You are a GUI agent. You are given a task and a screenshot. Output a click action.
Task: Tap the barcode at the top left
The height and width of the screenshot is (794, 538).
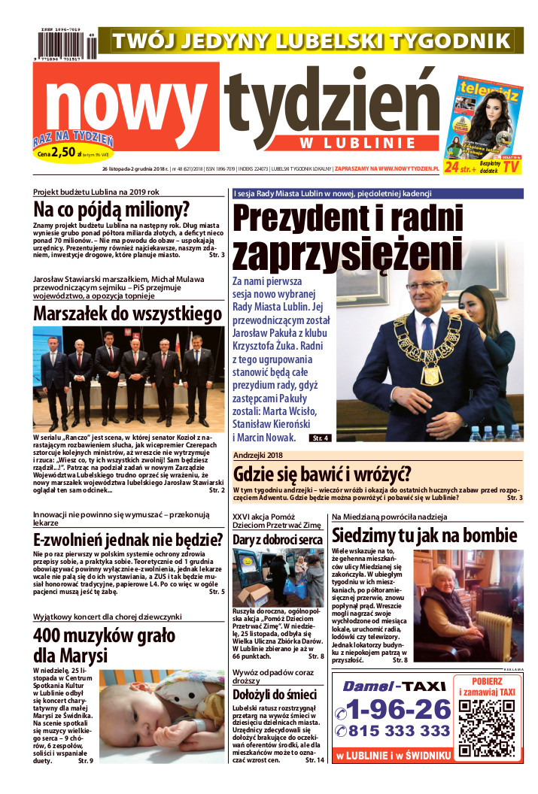click(x=66, y=45)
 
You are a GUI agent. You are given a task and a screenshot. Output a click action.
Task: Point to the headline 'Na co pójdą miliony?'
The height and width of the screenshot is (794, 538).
click(x=111, y=210)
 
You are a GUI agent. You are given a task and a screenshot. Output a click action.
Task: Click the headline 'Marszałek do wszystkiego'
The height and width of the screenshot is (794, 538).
click(x=127, y=314)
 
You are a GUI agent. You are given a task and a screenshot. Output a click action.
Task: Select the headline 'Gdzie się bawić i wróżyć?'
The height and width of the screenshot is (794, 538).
click(x=322, y=474)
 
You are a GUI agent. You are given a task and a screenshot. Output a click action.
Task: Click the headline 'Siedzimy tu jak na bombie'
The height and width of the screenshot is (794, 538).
click(x=424, y=535)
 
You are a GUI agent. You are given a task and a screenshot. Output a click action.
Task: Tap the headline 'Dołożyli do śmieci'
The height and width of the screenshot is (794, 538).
click(x=274, y=694)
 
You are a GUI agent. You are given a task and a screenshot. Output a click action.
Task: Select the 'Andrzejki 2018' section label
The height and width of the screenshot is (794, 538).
click(x=263, y=456)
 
